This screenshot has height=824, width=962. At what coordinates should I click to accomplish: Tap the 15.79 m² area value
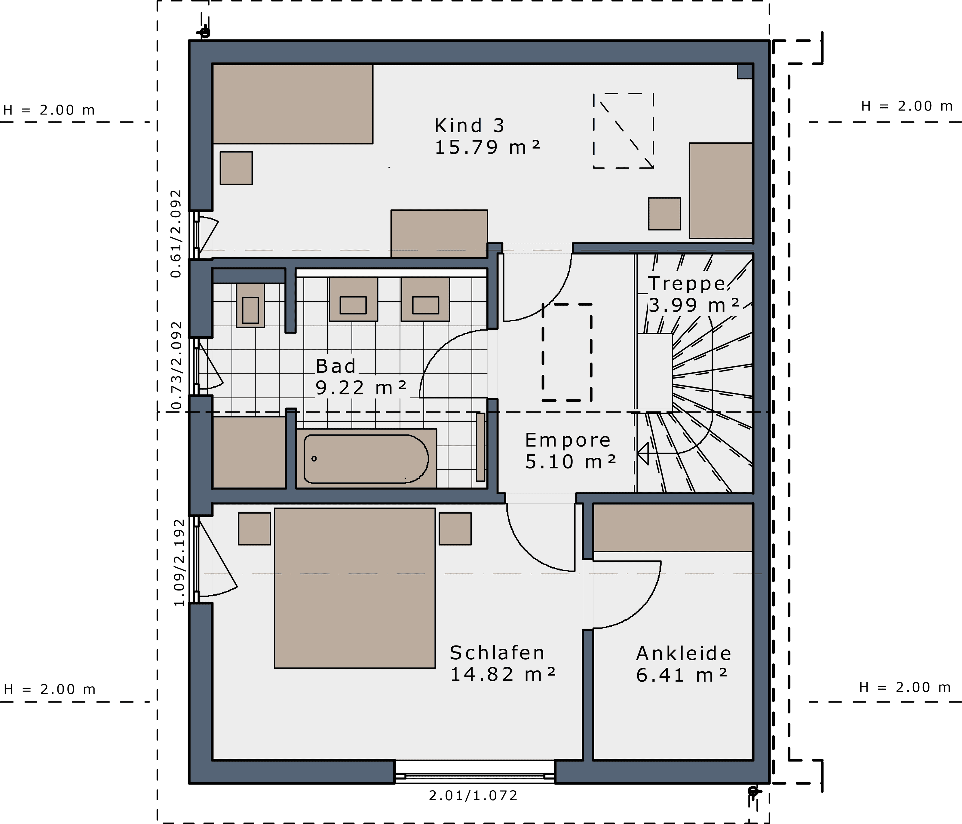[488, 148]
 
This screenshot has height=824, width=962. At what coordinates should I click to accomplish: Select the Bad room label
[336, 366]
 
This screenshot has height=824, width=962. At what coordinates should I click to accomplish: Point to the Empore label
[568, 440]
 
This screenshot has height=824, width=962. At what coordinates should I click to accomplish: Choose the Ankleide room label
[683, 654]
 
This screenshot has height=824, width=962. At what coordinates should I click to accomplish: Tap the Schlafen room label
[497, 653]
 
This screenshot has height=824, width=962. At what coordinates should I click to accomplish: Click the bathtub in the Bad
[366, 459]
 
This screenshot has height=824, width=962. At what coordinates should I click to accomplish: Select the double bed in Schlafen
[355, 588]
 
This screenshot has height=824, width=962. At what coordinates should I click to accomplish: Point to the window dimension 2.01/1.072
[473, 796]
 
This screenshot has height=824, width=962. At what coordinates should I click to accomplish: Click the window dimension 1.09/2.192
[179, 563]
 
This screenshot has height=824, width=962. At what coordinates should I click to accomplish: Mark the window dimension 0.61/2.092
[176, 233]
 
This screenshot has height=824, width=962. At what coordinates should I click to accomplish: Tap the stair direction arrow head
[643, 453]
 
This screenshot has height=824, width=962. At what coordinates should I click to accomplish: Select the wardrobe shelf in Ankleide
[673, 527]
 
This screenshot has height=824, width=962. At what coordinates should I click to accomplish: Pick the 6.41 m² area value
[681, 676]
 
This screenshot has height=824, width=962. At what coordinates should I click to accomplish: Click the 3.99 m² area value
[694, 305]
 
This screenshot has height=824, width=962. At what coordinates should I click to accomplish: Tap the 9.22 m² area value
[361, 388]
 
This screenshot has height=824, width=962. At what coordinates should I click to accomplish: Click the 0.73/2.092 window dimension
[176, 366]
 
